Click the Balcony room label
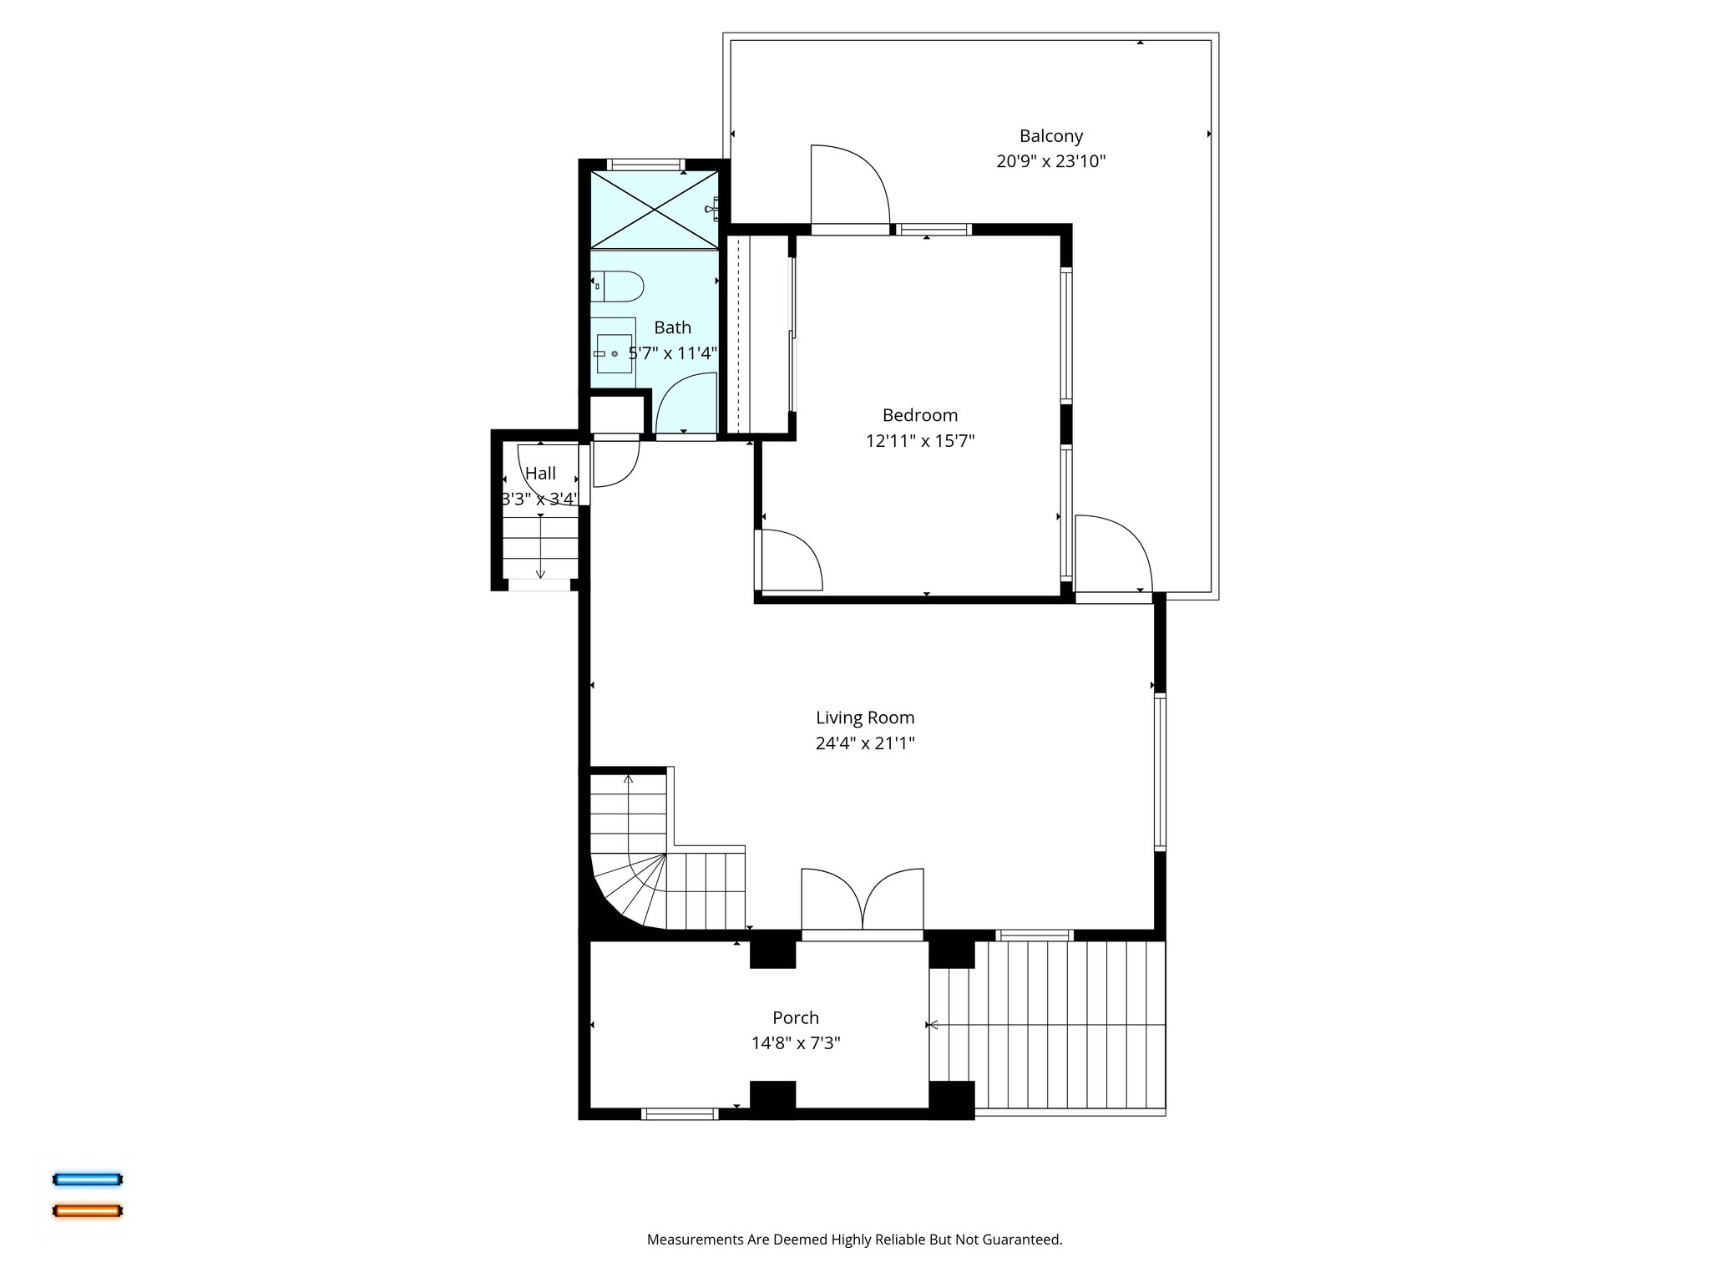[1050, 136]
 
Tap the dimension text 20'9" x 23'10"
[1050, 161]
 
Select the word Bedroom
[919, 415]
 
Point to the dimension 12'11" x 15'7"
[919, 441]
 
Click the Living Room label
[864, 718]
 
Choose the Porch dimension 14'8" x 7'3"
[795, 1043]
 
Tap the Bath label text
[672, 327]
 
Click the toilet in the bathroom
[618, 287]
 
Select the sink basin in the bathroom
[614, 353]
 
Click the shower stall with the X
[654, 210]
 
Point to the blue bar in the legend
[88, 1179]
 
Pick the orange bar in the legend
[88, 1210]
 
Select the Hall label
[540, 474]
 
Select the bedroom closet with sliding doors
[758, 334]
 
